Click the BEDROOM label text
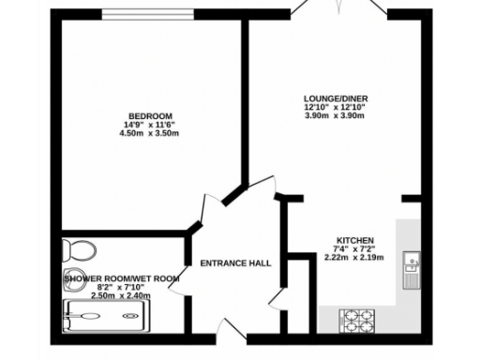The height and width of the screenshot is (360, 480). pyautogui.click(x=150, y=115)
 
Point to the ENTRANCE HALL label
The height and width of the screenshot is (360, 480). pyautogui.click(x=236, y=263)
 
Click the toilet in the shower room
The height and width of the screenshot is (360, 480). pyautogui.click(x=76, y=251)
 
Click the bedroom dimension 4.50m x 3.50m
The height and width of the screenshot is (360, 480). pyautogui.click(x=150, y=133)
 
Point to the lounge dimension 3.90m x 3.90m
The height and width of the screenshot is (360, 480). pyautogui.click(x=334, y=115)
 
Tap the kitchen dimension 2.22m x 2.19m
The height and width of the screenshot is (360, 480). pyautogui.click(x=356, y=257)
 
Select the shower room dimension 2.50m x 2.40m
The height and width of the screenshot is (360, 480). pyautogui.click(x=122, y=296)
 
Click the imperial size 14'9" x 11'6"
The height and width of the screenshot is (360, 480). pyautogui.click(x=150, y=125)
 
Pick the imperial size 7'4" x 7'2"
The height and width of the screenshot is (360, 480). pyautogui.click(x=356, y=248)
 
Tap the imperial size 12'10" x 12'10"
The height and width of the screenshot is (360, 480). pyautogui.click(x=334, y=107)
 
